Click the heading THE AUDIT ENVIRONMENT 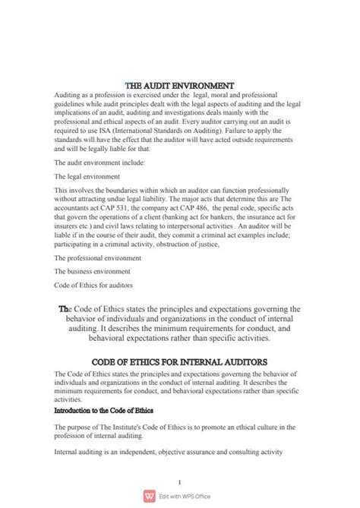pos(179,85)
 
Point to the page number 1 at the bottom pos(179,481)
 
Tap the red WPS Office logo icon pos(146,496)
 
